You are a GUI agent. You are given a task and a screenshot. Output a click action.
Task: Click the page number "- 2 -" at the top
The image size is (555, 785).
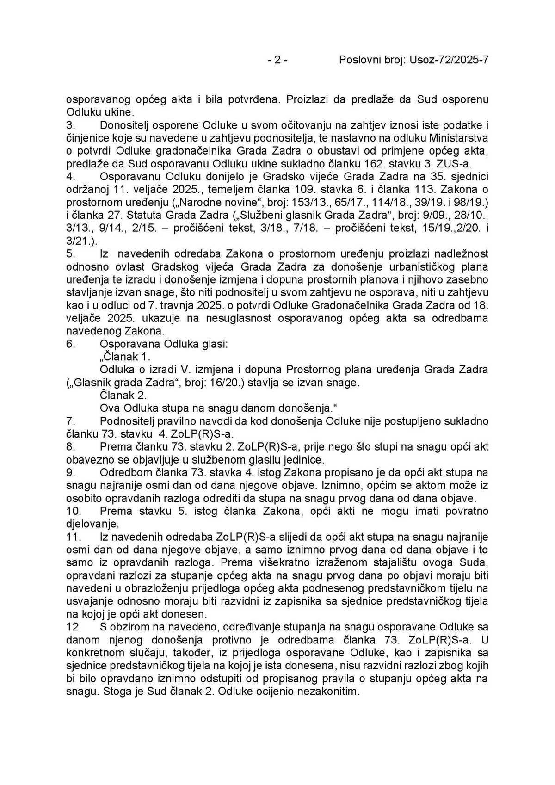(277, 60)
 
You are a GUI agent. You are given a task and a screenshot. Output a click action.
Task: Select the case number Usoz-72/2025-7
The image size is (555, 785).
(449, 60)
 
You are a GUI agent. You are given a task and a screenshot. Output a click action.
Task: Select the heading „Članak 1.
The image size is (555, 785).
(125, 357)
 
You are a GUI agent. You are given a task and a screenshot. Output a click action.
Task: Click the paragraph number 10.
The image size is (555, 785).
(74, 512)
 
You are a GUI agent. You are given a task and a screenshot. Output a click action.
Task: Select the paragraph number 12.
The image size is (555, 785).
(74, 627)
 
